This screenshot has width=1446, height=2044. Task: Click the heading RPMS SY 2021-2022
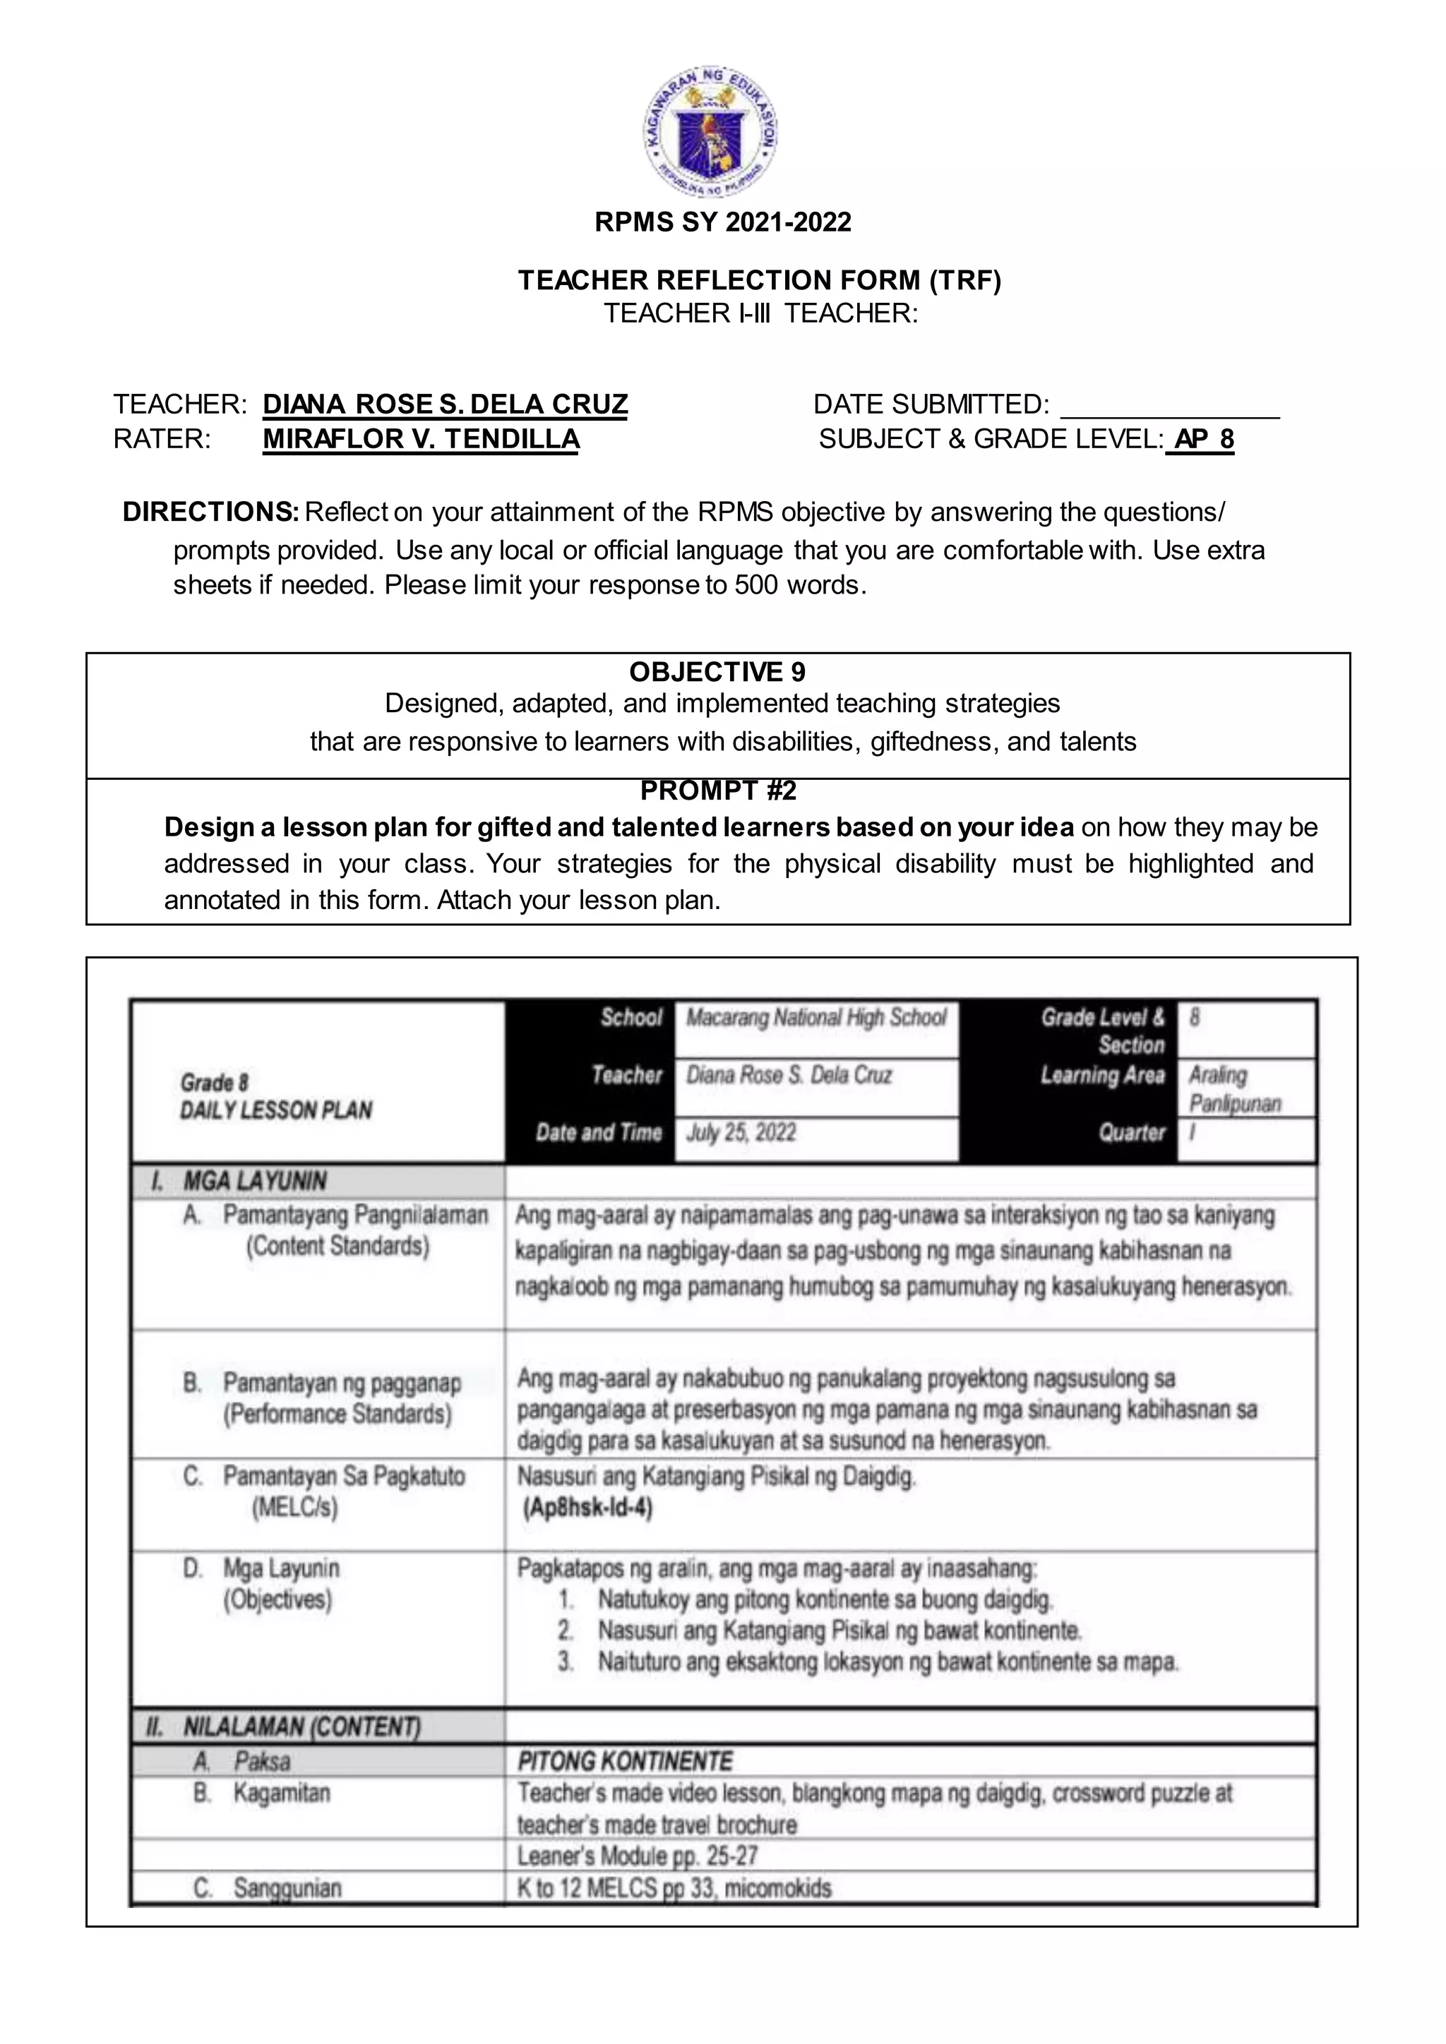point(722,222)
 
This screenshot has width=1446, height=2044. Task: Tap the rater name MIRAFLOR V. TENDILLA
point(420,439)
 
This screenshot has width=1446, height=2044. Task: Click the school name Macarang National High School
point(815,1018)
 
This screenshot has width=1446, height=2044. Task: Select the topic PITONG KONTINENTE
point(625,1761)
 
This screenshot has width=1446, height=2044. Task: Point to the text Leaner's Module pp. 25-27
point(637,1856)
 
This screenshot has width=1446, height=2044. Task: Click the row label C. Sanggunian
point(267,1887)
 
